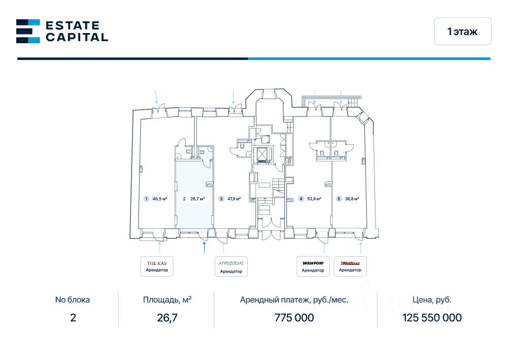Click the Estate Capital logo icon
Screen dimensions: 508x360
tap(28, 31)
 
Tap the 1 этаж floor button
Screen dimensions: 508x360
tap(462, 32)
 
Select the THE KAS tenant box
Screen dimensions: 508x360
tap(157, 266)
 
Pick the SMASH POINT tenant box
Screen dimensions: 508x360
tap(313, 266)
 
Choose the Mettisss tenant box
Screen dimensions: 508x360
tap(350, 266)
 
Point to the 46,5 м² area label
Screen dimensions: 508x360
tap(160, 199)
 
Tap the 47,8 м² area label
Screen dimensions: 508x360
tap(234, 199)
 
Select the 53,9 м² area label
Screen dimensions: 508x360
tap(314, 199)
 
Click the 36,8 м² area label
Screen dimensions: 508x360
tap(352, 199)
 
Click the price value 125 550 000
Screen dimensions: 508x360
tap(432, 318)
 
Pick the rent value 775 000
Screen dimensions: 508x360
tap(294, 318)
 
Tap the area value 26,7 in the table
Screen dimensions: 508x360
tap(167, 318)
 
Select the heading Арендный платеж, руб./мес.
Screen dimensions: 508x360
tap(294, 300)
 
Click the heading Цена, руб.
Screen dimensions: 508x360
tap(432, 300)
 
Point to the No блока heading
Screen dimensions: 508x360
tap(73, 300)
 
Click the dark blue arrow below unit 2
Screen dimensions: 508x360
tap(204, 247)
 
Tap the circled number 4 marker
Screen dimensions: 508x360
tap(301, 199)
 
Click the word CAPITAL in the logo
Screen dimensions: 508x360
tap(77, 37)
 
